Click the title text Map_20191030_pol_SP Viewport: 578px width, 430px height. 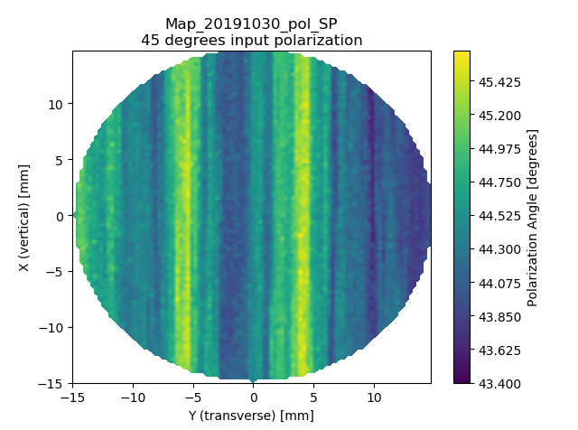[251, 23]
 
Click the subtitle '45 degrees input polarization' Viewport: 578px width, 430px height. [251, 40]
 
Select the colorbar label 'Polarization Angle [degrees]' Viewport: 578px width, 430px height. [534, 217]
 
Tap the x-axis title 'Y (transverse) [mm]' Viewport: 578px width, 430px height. [252, 416]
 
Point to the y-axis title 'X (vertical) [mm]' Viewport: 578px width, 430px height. [24, 217]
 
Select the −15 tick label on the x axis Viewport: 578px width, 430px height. [73, 397]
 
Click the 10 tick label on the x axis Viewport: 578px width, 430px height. [373, 397]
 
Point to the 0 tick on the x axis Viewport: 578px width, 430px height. [253, 397]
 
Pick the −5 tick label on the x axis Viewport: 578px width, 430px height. [193, 397]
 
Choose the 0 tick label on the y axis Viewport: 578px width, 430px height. [61, 216]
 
